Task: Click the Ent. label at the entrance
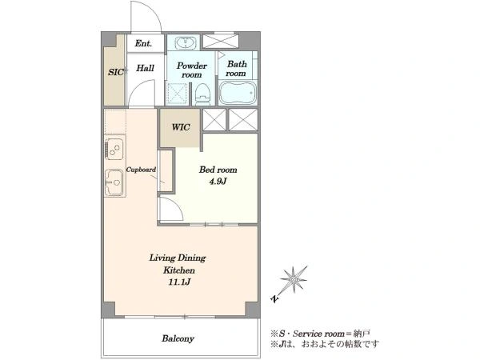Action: [x=143, y=43]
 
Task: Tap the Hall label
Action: [x=145, y=68]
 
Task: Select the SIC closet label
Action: [x=116, y=72]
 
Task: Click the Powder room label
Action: [x=192, y=70]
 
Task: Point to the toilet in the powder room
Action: [x=203, y=94]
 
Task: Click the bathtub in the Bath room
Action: [x=238, y=93]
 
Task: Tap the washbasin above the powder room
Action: [x=186, y=42]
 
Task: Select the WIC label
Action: [x=181, y=127]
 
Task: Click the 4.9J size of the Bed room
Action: [x=218, y=182]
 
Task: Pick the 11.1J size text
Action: [x=179, y=282]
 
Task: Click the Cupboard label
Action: [x=141, y=170]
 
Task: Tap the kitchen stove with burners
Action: [x=114, y=149]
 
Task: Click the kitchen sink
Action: [x=114, y=182]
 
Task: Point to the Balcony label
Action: [x=178, y=338]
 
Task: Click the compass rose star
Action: [x=294, y=279]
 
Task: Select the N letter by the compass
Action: [x=275, y=298]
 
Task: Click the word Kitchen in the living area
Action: [x=178, y=270]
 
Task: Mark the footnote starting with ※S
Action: [x=321, y=334]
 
